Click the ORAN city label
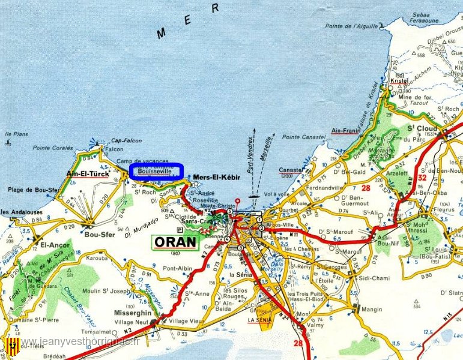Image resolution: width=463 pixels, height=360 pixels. point(175,242)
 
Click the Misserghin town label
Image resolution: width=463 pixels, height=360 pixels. point(133,313)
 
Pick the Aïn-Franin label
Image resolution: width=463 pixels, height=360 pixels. point(346,130)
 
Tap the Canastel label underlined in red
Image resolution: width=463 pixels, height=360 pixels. point(291,170)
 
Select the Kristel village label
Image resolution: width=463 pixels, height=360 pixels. point(399,80)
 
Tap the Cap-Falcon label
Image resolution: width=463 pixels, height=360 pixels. point(127,140)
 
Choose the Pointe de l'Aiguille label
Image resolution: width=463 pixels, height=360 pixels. point(352,26)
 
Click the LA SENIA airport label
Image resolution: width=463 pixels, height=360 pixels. point(260,320)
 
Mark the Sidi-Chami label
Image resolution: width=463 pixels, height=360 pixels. point(373,278)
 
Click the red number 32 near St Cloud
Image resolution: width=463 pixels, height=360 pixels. point(422,178)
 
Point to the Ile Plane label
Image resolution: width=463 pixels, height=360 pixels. point(16,134)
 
